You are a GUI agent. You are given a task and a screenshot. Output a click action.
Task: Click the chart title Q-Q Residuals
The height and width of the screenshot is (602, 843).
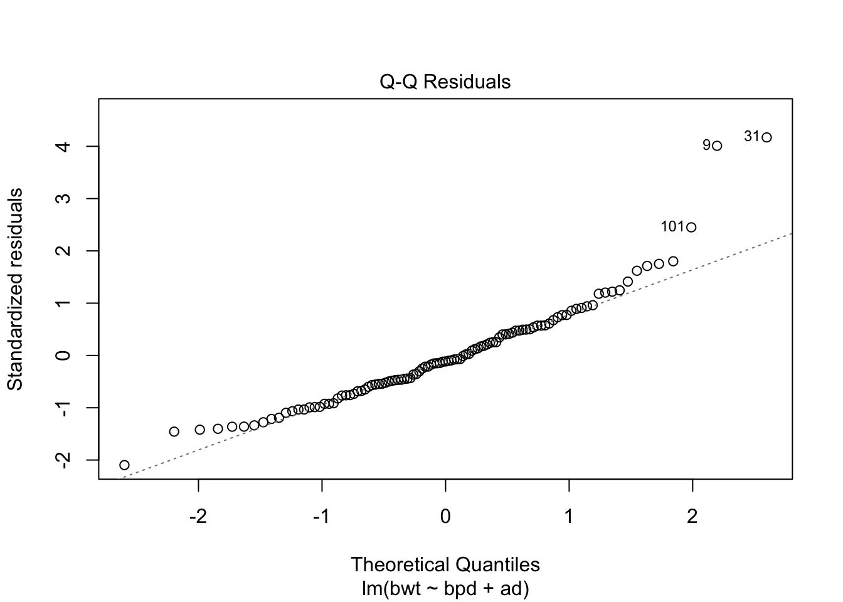(445, 82)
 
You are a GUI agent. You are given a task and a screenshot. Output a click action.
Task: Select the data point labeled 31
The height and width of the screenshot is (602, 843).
(766, 137)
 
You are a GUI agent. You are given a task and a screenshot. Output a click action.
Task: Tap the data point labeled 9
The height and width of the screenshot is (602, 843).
(717, 146)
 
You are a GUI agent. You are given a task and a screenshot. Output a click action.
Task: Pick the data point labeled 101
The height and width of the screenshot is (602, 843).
(691, 227)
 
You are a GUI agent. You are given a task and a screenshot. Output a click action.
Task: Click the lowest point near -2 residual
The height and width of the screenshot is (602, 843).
(124, 465)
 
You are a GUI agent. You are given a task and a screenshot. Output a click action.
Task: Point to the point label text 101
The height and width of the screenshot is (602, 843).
(672, 227)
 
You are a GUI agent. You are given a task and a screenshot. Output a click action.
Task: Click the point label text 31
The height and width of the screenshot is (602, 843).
(751, 136)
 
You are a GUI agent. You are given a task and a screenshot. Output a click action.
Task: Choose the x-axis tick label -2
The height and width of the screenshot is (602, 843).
(198, 517)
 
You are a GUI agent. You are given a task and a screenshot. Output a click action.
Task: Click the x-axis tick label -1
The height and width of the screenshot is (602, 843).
(322, 517)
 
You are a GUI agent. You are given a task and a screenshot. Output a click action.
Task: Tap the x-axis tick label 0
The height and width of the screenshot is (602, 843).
(445, 517)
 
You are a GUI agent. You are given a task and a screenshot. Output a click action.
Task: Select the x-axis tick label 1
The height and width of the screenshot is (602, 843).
(569, 517)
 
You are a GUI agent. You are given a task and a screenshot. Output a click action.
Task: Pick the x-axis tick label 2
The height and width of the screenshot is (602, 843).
(692, 517)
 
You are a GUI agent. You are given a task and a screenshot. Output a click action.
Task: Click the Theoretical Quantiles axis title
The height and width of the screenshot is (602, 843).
(445, 564)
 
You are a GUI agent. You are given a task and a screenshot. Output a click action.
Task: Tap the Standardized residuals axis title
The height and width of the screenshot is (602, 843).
(15, 289)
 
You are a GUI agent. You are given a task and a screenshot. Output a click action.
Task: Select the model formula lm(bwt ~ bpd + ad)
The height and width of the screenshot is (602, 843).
(445, 589)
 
